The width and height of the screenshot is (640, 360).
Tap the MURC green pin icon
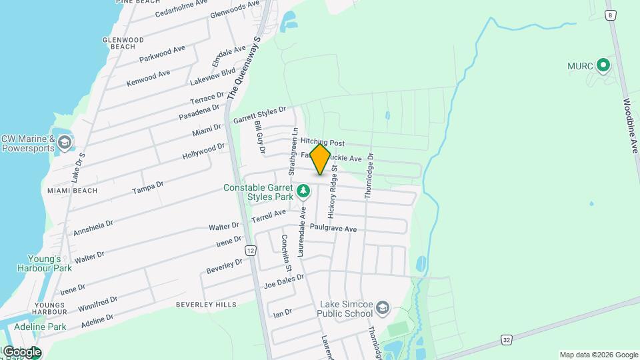coord(603,65)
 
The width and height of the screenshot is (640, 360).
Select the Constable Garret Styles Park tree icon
coord(303,192)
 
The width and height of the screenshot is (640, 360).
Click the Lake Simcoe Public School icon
coord(383,308)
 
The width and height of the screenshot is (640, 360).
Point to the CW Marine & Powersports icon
coord(65,142)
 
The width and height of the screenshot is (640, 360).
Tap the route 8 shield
coord(609,14)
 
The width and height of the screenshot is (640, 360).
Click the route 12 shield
coord(250,250)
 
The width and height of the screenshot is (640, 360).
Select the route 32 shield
coord(507,340)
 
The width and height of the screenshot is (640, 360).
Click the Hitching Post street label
coord(322,143)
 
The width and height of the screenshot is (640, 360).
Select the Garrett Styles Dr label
coord(259,115)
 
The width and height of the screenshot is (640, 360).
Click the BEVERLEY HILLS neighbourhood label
coord(206,305)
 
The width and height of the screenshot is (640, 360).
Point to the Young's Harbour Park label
coord(49,263)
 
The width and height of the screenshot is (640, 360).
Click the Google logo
coord(21,352)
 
